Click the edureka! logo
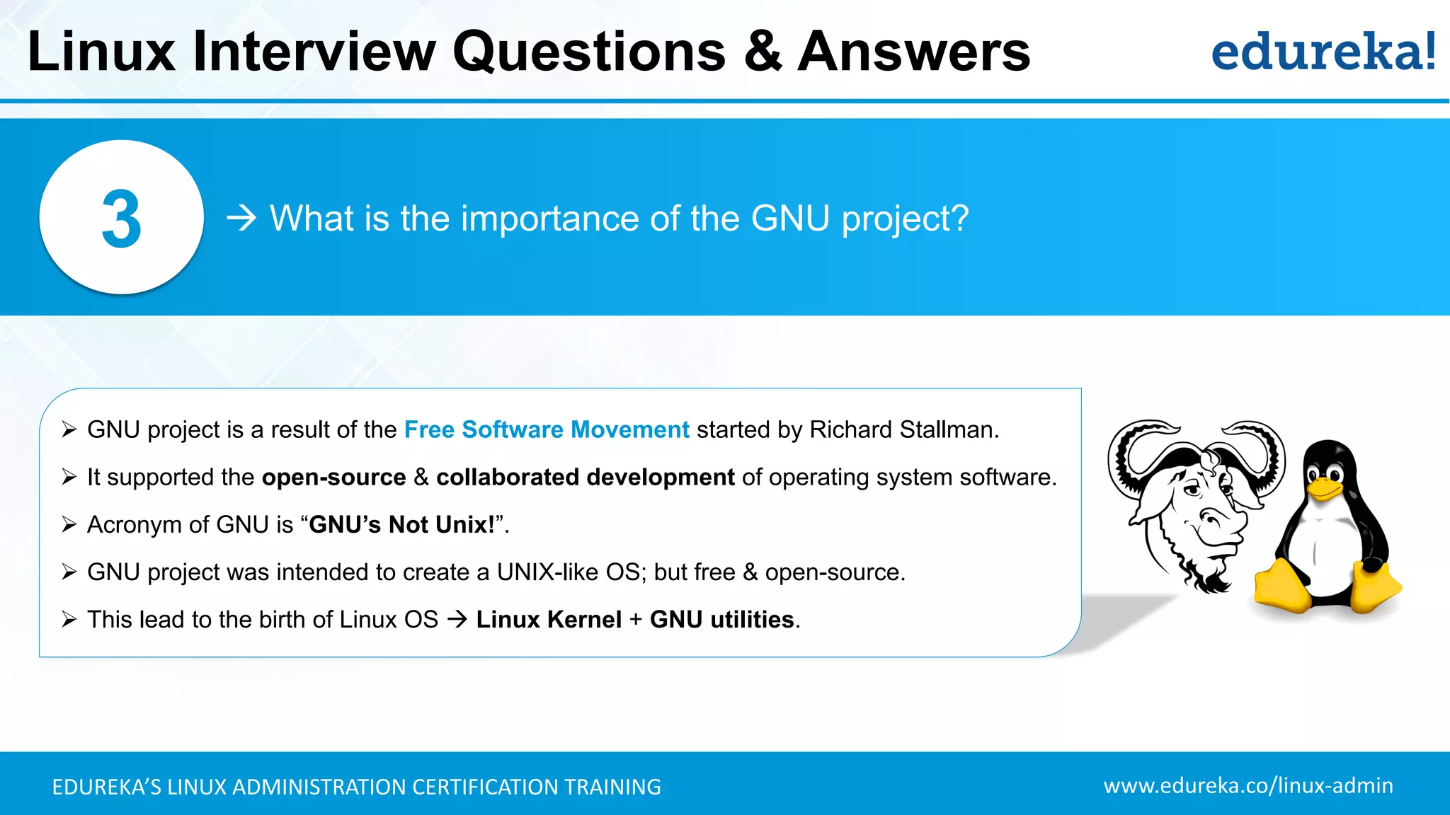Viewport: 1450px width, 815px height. click(1323, 52)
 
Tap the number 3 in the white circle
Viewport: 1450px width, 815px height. click(122, 219)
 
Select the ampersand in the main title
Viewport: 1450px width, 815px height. click(763, 52)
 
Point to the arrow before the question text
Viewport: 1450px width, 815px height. click(241, 218)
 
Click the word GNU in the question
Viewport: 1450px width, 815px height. click(790, 218)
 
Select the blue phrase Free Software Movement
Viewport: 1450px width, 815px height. click(547, 429)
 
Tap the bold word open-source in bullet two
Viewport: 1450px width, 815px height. click(334, 478)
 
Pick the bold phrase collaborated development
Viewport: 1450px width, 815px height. click(586, 478)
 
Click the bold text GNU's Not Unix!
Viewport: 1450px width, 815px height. click(401, 525)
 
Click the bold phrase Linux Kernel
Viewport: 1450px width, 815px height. click(549, 620)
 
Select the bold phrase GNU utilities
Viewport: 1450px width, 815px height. click(722, 620)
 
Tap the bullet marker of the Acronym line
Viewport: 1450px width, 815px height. click(69, 524)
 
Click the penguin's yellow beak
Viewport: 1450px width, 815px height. click(1323, 489)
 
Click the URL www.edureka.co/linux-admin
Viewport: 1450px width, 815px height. click(1248, 786)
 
